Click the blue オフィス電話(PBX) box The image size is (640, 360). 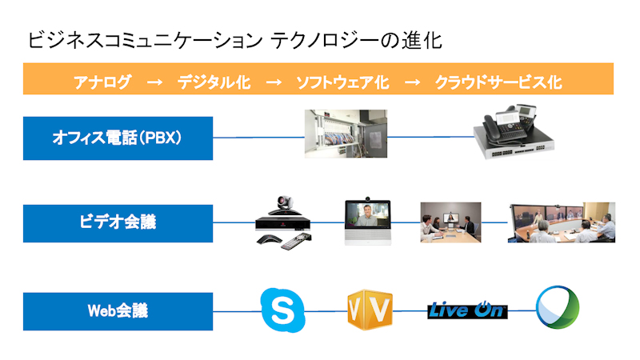click(x=118, y=138)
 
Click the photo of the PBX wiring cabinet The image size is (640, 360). click(x=346, y=134)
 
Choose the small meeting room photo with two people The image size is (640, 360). click(x=450, y=222)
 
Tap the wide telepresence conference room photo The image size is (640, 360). click(x=562, y=222)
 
